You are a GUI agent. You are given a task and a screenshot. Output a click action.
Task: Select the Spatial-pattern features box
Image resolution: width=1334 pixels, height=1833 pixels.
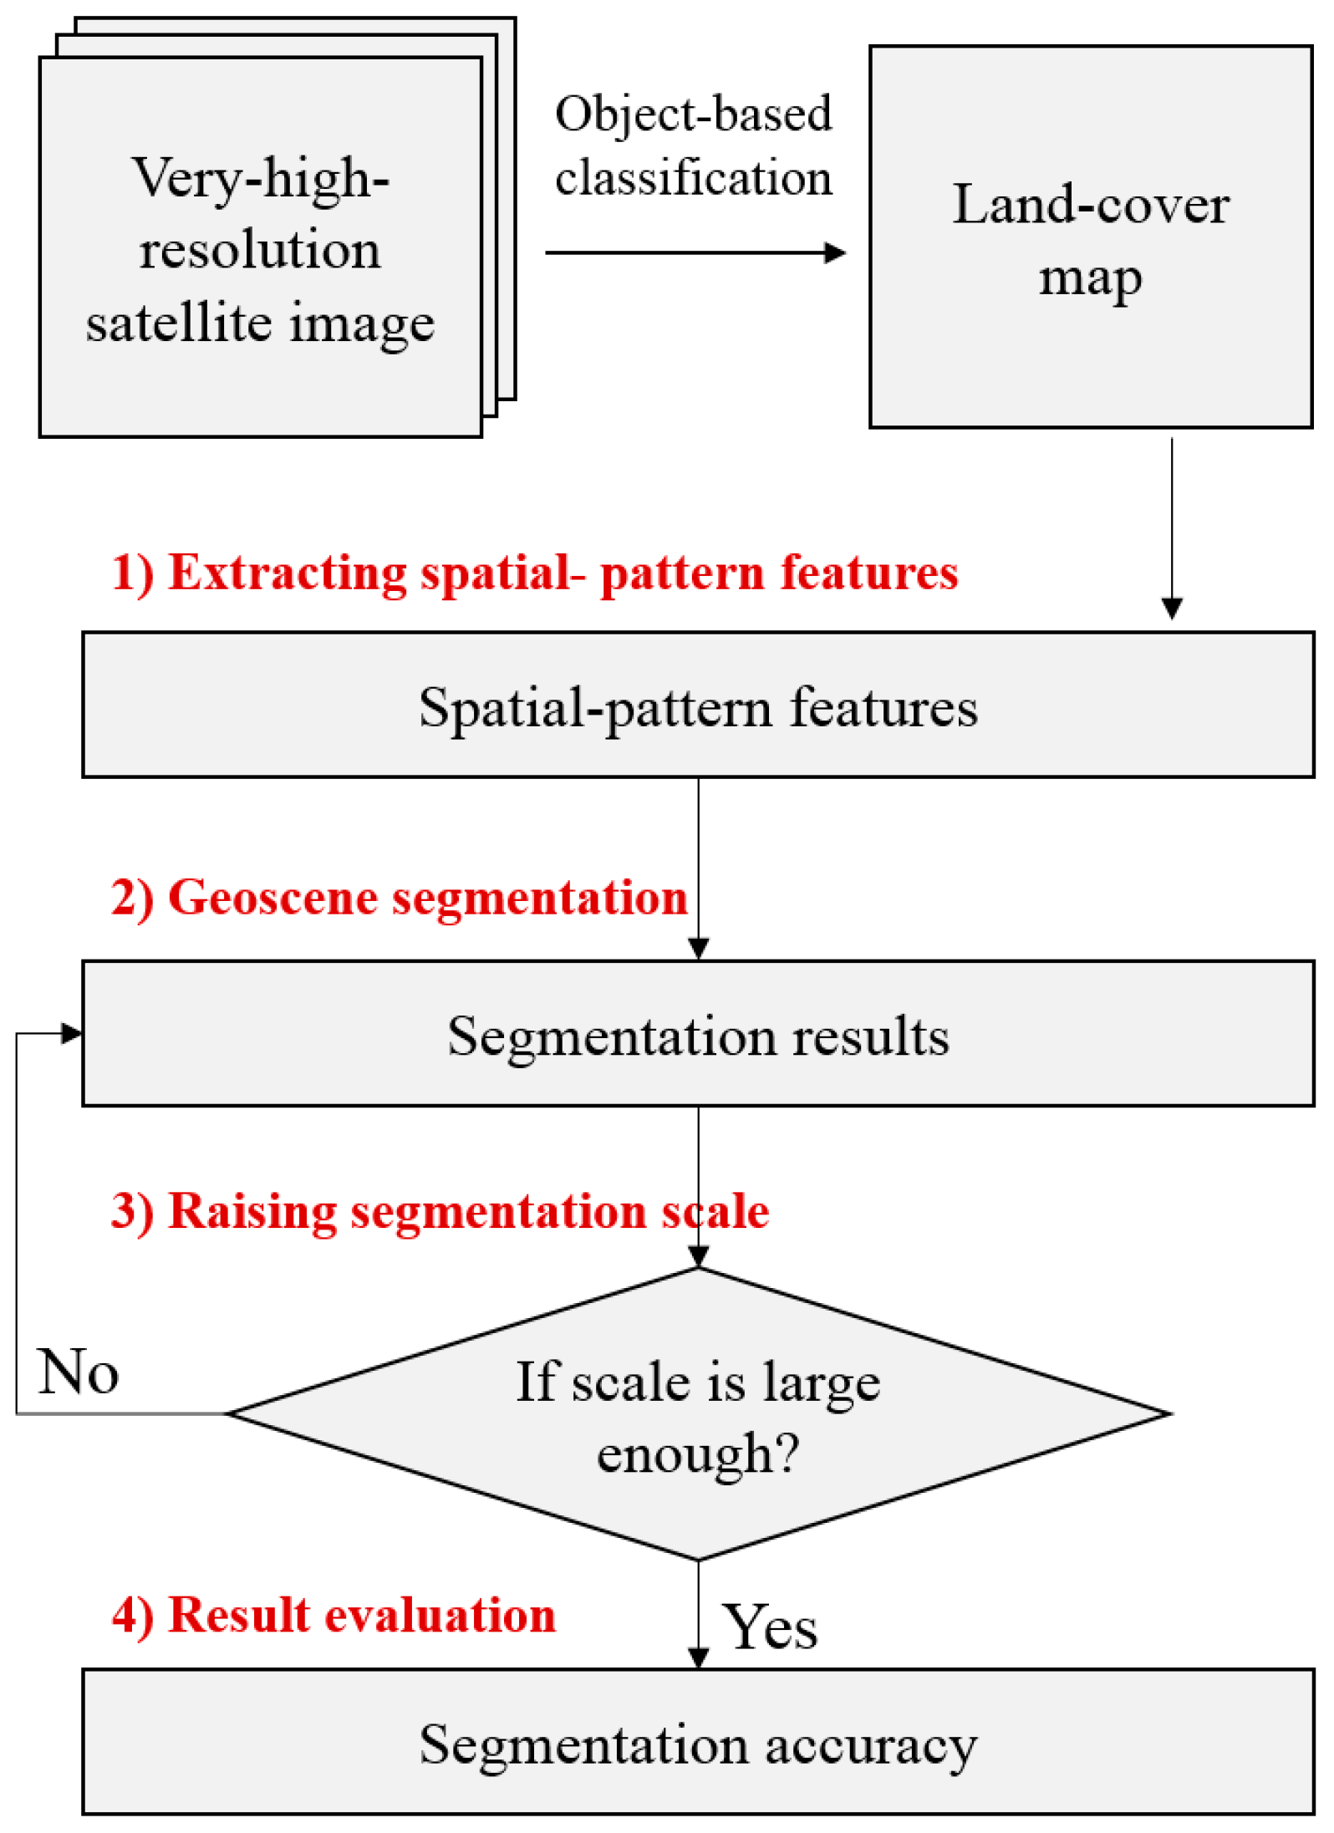tap(698, 707)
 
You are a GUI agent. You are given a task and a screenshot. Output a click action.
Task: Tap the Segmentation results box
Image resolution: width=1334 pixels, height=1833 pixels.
tap(698, 1036)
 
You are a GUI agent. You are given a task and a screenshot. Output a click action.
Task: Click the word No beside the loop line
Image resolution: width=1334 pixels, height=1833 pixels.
tap(79, 1372)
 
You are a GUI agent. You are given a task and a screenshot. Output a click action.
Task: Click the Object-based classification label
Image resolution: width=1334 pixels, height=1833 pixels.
tap(693, 145)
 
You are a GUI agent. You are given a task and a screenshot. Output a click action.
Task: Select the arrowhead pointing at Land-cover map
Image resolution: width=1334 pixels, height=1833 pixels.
tap(834, 252)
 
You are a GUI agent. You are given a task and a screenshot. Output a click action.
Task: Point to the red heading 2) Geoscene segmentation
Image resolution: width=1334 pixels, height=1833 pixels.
tap(399, 898)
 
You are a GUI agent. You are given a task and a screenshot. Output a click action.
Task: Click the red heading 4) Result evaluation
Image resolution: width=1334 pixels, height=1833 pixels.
tap(333, 1615)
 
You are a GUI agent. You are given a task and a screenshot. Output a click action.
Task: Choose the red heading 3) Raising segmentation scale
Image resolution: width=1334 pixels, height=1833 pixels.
tap(440, 1211)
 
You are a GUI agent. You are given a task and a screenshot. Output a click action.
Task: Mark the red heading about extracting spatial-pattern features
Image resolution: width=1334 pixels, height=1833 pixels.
tap(535, 573)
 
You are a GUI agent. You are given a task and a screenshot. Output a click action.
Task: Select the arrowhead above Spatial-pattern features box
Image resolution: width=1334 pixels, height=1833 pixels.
tap(1172, 608)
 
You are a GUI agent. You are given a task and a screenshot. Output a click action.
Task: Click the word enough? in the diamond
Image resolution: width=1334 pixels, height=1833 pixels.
tap(698, 1455)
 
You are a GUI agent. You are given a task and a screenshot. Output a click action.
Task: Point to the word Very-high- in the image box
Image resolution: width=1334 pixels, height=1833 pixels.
tap(260, 178)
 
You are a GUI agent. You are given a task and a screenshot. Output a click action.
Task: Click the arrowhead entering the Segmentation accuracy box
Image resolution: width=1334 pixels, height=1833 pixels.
tap(698, 1657)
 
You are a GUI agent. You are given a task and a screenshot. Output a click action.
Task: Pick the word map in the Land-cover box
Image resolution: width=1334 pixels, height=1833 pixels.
tap(1090, 278)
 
